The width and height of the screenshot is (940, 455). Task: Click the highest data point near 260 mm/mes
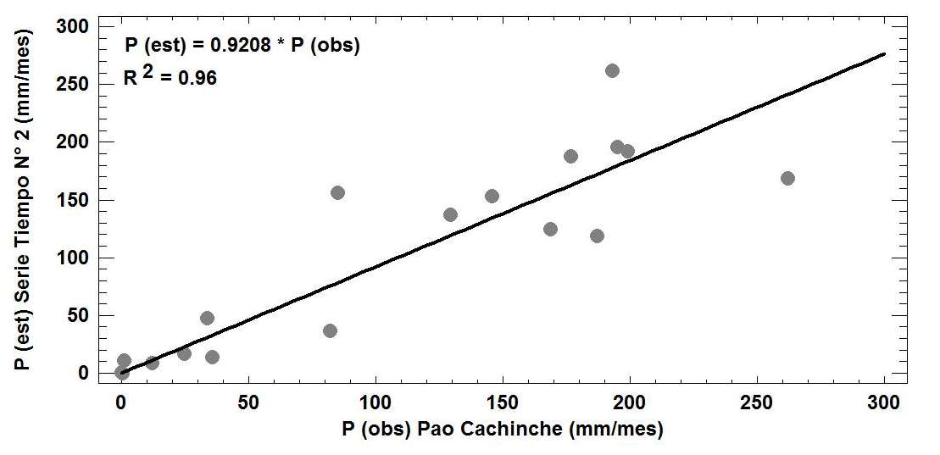tap(612, 70)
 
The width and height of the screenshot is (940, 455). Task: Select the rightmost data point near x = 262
tap(787, 178)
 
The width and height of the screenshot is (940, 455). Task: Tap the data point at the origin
tap(122, 372)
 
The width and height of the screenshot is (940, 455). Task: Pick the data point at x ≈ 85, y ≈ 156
tap(337, 192)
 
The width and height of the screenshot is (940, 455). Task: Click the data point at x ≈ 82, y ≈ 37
tap(330, 330)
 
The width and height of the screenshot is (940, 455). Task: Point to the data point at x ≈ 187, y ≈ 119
tap(597, 236)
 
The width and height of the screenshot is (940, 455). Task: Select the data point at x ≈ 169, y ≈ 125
tap(550, 229)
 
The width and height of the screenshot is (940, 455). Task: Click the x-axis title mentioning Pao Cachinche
tap(503, 430)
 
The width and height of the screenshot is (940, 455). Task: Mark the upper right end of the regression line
tap(884, 53)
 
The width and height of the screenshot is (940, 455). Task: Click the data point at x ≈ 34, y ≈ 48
tap(207, 318)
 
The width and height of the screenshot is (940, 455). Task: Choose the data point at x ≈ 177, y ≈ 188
tap(570, 156)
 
